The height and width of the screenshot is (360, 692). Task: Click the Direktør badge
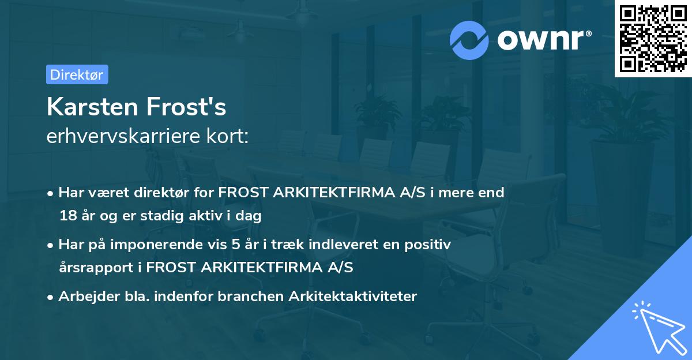pyautogui.click(x=77, y=74)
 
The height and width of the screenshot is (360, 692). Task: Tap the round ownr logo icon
pyautogui.click(x=469, y=40)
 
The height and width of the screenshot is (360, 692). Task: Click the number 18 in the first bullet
pyautogui.click(x=67, y=216)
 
